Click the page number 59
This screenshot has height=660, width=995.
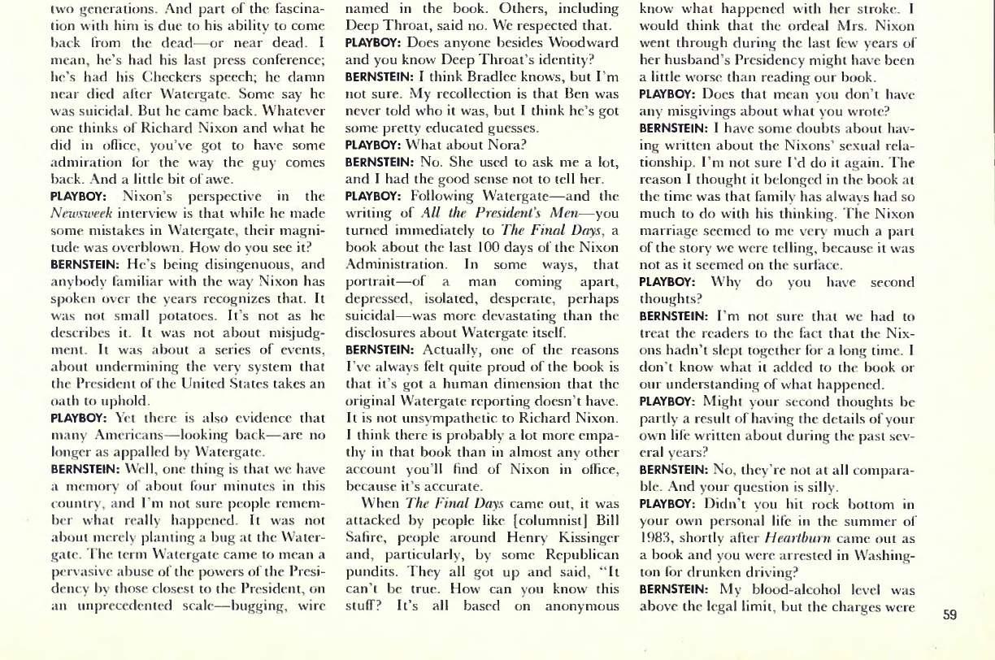(949, 615)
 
